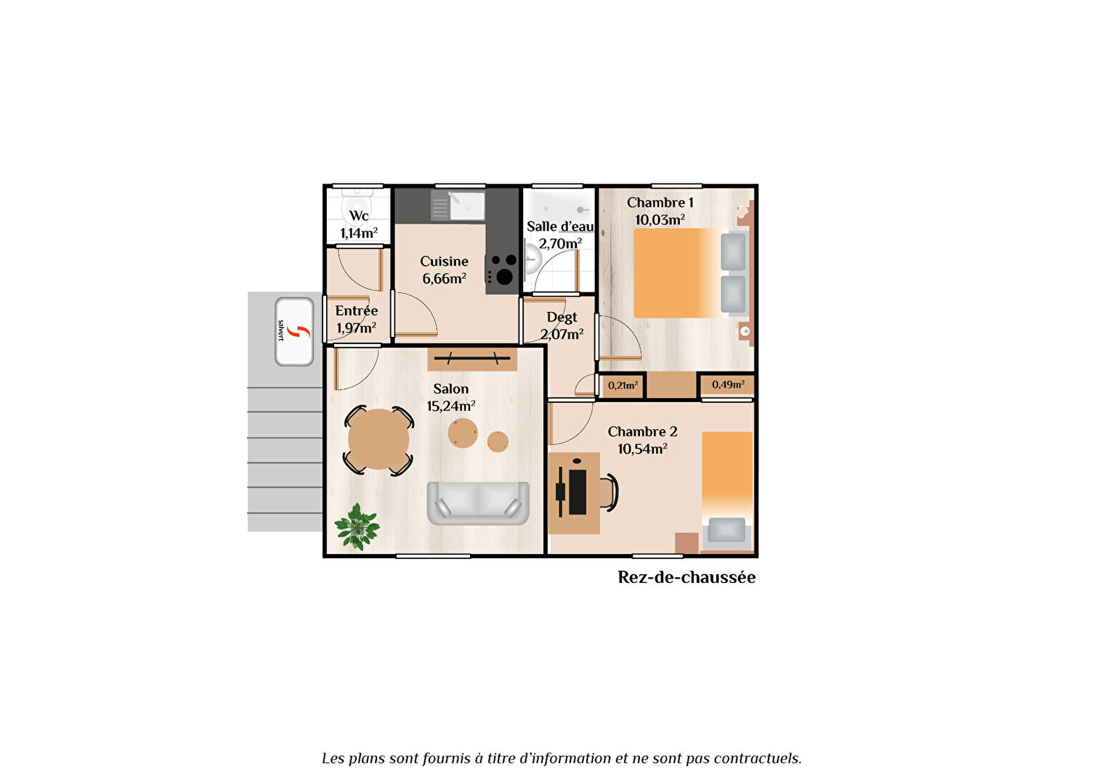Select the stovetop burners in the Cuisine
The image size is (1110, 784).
click(501, 271)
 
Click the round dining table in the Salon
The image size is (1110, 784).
click(378, 439)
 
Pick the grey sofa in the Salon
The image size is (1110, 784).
click(478, 503)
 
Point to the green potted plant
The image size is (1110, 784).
click(357, 527)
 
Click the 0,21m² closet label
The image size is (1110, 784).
click(623, 385)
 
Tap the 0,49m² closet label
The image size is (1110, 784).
click(728, 384)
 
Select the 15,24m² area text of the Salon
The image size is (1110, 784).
click(451, 406)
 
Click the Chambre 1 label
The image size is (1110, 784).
click(660, 203)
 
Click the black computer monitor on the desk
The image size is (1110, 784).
click(577, 492)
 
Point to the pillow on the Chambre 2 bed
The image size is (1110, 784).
click(726, 530)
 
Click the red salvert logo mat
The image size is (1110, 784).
click(294, 331)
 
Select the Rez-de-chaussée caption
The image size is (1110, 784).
click(686, 578)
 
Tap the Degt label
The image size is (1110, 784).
click(562, 317)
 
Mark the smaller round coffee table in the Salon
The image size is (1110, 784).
click(498, 441)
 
